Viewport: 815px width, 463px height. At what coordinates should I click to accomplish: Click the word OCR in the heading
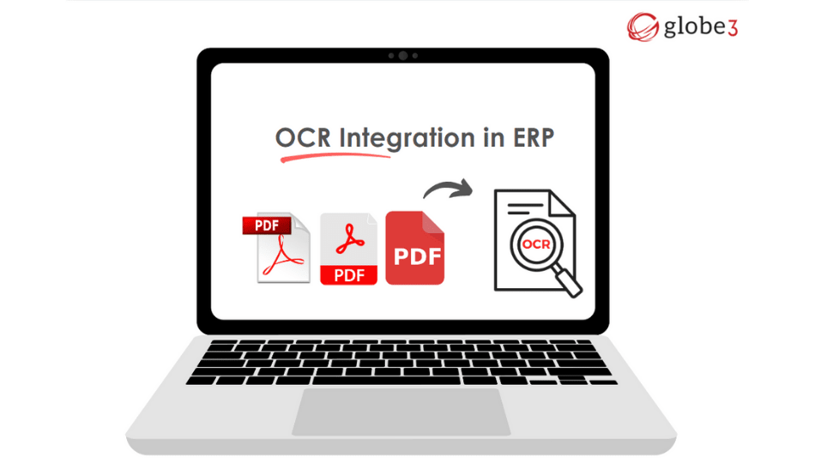pyautogui.click(x=303, y=138)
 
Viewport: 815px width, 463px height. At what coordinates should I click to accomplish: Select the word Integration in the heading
pyautogui.click(x=407, y=139)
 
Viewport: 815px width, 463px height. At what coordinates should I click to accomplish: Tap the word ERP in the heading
pyautogui.click(x=534, y=138)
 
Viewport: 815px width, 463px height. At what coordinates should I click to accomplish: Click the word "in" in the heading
pyautogui.click(x=494, y=138)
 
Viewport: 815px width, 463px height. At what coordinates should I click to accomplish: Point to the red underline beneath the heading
pyautogui.click(x=335, y=156)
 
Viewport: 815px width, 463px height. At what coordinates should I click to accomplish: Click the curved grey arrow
pyautogui.click(x=448, y=188)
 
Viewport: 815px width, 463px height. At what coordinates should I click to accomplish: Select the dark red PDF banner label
pyautogui.click(x=267, y=225)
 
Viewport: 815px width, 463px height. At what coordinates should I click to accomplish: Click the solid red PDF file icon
pyautogui.click(x=414, y=248)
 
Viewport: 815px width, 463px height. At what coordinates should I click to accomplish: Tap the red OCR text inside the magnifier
pyautogui.click(x=536, y=244)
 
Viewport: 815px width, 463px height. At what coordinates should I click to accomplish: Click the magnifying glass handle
pyautogui.click(x=567, y=280)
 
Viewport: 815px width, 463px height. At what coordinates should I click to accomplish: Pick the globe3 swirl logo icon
pyautogui.click(x=643, y=27)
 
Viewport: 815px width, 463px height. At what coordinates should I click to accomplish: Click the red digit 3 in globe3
pyautogui.click(x=733, y=28)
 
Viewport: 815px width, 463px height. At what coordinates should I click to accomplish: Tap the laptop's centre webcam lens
pyautogui.click(x=403, y=56)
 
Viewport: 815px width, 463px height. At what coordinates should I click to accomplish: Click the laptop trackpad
pyautogui.click(x=401, y=412)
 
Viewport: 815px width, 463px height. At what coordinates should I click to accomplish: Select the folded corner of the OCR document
pyautogui.click(x=562, y=203)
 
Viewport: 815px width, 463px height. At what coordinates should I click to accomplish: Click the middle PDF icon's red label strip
pyautogui.click(x=348, y=275)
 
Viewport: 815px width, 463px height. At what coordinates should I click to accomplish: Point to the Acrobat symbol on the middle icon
pyautogui.click(x=350, y=238)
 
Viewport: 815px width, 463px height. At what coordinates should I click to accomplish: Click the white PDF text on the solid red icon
pyautogui.click(x=418, y=256)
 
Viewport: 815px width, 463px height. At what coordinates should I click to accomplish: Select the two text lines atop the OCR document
pyautogui.click(x=525, y=208)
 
